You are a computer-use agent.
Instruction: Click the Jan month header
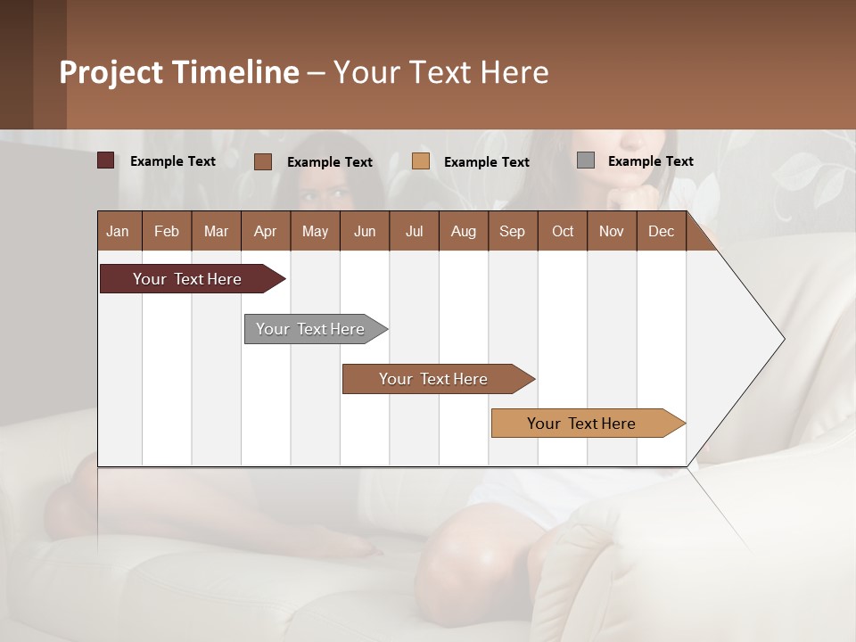[118, 231]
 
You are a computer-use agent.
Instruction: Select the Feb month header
[167, 231]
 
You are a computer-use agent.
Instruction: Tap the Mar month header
[216, 231]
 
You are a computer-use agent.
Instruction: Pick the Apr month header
[265, 231]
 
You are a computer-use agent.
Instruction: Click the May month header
[315, 231]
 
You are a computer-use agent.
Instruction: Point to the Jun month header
[365, 231]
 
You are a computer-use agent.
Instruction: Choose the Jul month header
[414, 231]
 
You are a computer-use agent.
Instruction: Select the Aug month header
[463, 231]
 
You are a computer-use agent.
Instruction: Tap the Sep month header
[512, 231]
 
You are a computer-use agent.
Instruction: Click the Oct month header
[563, 231]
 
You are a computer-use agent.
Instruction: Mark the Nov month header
[612, 231]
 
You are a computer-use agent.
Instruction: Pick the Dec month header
[661, 231]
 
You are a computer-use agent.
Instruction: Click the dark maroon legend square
[106, 160]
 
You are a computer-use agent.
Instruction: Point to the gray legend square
[586, 160]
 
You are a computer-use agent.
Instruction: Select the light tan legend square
[421, 161]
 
